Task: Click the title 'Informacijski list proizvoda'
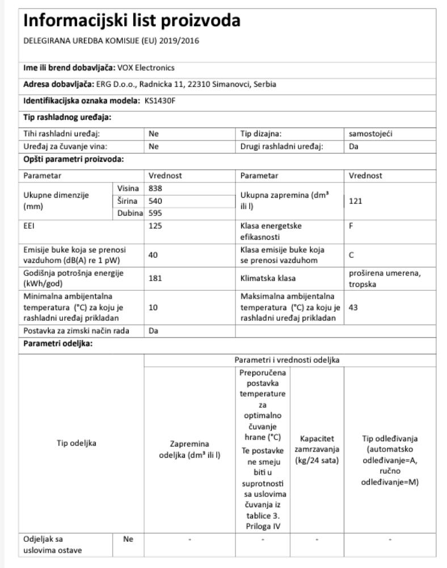(x=131, y=21)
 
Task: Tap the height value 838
(x=155, y=188)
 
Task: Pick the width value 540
(x=155, y=201)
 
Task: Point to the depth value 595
(x=155, y=214)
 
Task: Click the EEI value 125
(x=154, y=226)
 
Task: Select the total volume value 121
(x=356, y=201)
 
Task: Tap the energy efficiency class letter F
(x=352, y=226)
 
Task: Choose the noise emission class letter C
(x=352, y=256)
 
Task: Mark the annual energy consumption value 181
(x=154, y=278)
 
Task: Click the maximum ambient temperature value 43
(x=354, y=307)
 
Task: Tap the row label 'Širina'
(x=128, y=201)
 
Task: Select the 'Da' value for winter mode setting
(x=153, y=331)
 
